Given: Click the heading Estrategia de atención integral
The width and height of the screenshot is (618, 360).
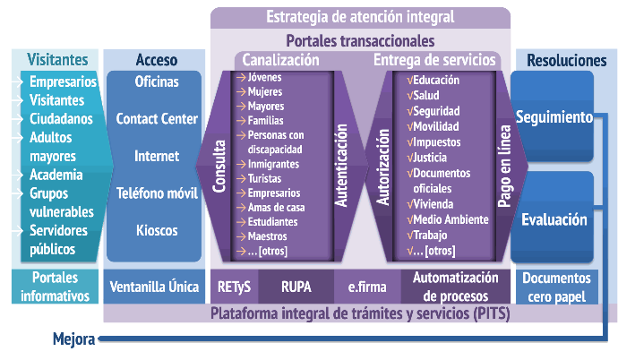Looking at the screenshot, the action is tap(360, 17).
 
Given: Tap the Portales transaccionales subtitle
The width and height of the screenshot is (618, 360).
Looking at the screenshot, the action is tap(360, 40).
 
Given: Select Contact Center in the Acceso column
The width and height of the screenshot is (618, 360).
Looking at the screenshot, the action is tap(157, 118).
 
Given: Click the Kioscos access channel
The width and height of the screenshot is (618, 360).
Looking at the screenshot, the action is tap(157, 230).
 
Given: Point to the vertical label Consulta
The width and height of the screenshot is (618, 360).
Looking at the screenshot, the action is tap(219, 167).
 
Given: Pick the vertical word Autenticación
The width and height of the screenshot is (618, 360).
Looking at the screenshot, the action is tap(341, 166).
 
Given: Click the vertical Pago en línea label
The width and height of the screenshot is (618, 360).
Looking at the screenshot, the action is tap(504, 167).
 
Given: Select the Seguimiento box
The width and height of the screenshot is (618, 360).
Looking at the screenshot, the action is tap(553, 116).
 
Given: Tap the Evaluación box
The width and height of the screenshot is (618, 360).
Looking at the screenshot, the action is tap(553, 217).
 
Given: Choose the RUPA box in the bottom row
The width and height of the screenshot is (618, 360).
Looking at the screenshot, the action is tap(296, 287).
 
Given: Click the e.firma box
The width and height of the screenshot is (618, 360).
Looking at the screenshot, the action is tap(367, 287).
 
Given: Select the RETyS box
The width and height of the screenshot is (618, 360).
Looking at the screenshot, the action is tap(234, 287).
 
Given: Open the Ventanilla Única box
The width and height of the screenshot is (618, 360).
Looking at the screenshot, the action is tap(154, 287).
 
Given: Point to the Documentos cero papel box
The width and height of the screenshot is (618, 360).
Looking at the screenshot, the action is tap(556, 287).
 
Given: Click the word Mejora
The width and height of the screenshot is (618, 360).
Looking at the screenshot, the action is tap(74, 339).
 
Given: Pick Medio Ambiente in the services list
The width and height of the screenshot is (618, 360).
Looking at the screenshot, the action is tap(451, 219).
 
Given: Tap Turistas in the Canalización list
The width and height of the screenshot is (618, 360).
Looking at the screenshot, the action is tap(264, 178).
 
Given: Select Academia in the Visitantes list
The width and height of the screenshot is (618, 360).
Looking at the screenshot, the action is tap(56, 175).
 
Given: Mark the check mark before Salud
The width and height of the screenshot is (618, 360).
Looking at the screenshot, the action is tap(410, 95).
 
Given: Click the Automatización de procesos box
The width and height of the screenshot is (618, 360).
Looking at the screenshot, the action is tap(456, 287).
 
